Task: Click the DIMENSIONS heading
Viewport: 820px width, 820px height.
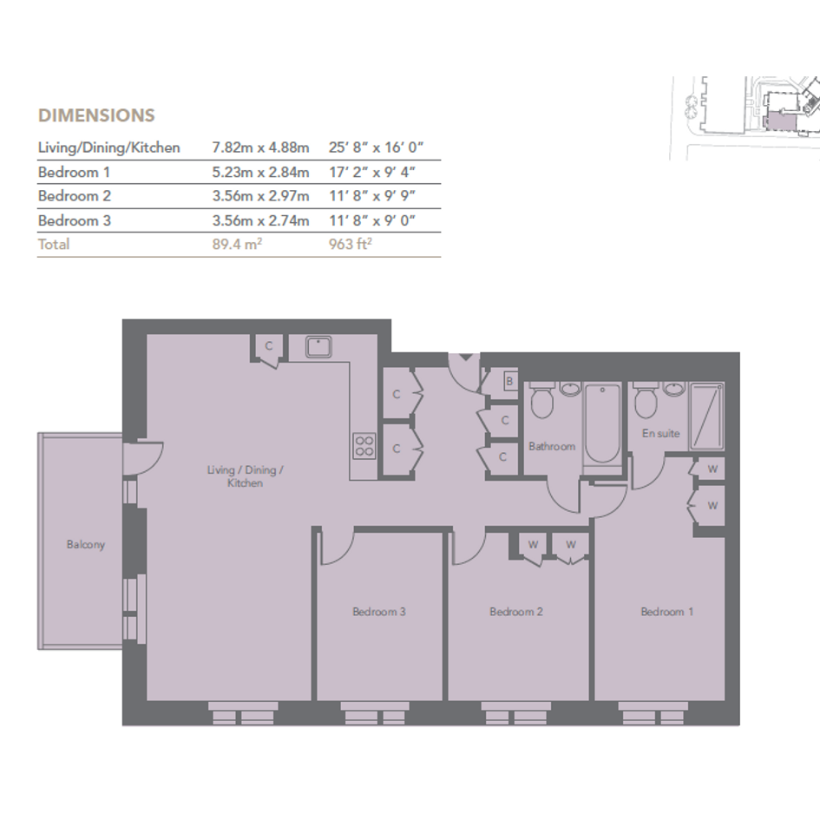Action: (x=96, y=115)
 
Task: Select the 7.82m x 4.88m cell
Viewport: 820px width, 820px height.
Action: (x=260, y=148)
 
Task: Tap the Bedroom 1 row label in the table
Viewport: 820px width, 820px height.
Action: (x=74, y=172)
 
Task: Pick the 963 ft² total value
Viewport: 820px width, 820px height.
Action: (x=350, y=244)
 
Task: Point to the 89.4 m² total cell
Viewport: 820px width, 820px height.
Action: (x=237, y=244)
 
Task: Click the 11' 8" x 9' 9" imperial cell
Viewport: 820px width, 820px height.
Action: (x=372, y=196)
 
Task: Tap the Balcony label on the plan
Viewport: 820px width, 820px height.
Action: (x=86, y=544)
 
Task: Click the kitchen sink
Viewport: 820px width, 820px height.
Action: (x=318, y=347)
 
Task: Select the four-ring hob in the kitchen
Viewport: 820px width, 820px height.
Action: (x=364, y=446)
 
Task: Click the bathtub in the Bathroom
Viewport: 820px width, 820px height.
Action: (x=602, y=423)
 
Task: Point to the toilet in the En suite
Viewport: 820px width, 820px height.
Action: (x=646, y=400)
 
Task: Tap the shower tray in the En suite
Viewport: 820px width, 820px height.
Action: (x=707, y=417)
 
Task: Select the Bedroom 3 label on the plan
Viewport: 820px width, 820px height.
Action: (x=379, y=612)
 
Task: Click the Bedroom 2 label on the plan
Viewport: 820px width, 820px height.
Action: (x=516, y=612)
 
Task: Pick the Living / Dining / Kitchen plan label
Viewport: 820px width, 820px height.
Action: (x=246, y=476)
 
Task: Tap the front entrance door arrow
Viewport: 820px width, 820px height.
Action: (x=465, y=358)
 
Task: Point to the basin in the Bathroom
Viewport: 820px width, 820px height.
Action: (x=571, y=389)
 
